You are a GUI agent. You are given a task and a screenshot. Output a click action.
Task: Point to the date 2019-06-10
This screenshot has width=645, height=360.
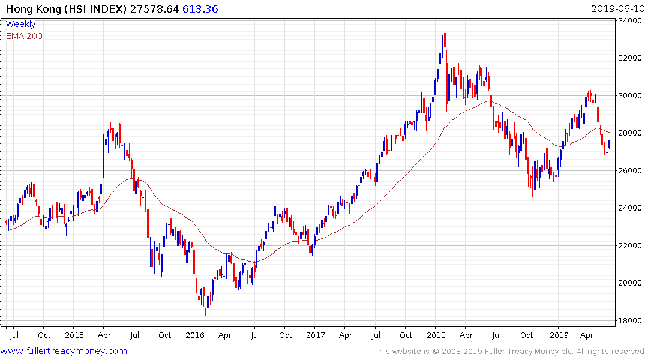pyautogui.click(x=616, y=9)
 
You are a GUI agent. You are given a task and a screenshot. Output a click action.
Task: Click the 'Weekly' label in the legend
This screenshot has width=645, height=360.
pyautogui.click(x=20, y=25)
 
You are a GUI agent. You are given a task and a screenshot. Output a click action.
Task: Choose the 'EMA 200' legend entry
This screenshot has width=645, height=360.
pyautogui.click(x=24, y=36)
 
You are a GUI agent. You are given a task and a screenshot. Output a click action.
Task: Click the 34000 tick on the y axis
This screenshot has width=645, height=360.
pyautogui.click(x=630, y=21)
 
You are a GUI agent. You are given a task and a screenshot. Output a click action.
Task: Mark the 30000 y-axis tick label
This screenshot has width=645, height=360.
pyautogui.click(x=630, y=96)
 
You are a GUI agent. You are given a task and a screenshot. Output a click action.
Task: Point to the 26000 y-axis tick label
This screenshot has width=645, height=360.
pyautogui.click(x=630, y=171)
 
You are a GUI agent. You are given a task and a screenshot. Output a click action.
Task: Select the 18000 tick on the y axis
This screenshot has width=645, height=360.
pyautogui.click(x=630, y=320)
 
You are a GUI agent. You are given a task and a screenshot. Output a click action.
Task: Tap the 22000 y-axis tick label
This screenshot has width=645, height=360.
pyautogui.click(x=630, y=245)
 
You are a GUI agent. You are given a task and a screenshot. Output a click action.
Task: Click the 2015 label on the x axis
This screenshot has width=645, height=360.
pyautogui.click(x=74, y=335)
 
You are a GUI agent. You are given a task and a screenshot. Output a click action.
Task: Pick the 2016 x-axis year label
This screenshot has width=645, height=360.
pyautogui.click(x=195, y=335)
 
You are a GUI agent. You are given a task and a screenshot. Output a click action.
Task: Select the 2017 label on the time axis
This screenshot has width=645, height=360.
pyautogui.click(x=316, y=335)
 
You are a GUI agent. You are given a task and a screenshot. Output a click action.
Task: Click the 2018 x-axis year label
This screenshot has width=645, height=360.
pyautogui.click(x=437, y=335)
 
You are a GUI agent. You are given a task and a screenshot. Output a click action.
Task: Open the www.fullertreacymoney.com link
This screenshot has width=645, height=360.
pyautogui.click(x=65, y=351)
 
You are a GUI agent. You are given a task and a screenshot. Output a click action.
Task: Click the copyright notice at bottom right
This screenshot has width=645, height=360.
pyautogui.click(x=509, y=351)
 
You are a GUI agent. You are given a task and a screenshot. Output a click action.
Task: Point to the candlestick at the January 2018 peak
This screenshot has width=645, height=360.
pyautogui.click(x=445, y=42)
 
